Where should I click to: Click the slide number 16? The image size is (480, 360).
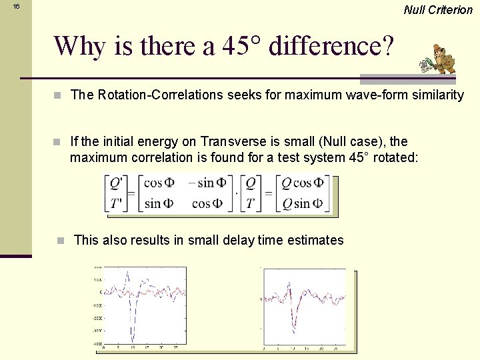[17, 6]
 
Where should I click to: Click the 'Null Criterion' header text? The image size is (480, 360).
[438, 9]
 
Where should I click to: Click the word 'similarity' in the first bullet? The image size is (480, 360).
[438, 95]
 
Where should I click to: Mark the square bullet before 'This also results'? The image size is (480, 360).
[61, 240]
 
